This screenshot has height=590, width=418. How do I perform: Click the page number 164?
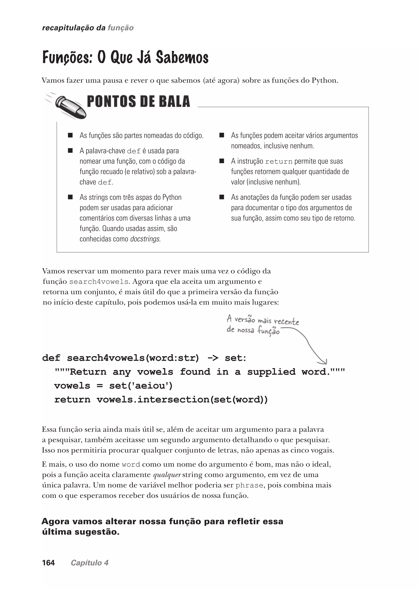(x=48, y=563)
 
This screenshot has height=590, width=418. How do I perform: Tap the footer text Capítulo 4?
(x=90, y=563)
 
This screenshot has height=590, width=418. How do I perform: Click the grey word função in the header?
(x=120, y=28)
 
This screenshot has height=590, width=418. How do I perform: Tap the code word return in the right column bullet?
(x=279, y=162)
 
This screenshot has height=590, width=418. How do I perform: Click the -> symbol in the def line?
(x=213, y=358)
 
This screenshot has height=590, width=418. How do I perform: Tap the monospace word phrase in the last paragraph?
(x=249, y=486)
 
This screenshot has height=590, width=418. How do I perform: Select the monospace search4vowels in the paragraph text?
(x=99, y=282)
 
